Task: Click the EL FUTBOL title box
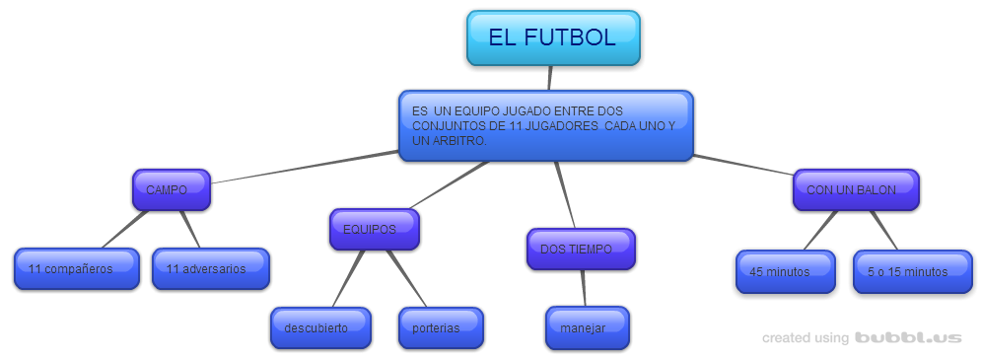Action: [x=553, y=37]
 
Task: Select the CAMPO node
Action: [x=171, y=189]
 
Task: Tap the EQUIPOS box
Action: [x=374, y=229]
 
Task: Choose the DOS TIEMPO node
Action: [x=581, y=249]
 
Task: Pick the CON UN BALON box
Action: [x=856, y=189]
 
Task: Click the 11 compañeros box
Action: [x=76, y=268]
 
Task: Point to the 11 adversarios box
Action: [x=211, y=268]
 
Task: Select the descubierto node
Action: [x=320, y=327]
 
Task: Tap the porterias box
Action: [x=441, y=327]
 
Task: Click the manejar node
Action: [x=588, y=327]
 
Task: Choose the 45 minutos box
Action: [x=786, y=271]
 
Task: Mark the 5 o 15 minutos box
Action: [x=912, y=271]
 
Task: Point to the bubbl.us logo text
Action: [x=908, y=338]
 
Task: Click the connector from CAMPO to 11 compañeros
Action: [x=125, y=229]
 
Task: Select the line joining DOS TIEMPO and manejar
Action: [x=584, y=288]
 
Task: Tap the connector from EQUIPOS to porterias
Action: [x=406, y=278]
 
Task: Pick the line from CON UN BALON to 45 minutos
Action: [x=820, y=231]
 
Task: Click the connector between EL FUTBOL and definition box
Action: [x=550, y=78]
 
